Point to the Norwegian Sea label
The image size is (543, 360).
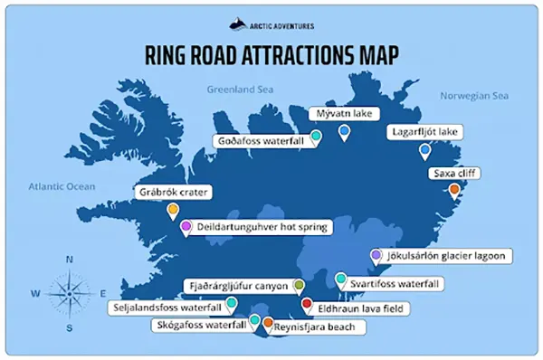point(474,95)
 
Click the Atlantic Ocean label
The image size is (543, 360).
point(62,186)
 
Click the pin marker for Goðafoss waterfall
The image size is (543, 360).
point(316,137)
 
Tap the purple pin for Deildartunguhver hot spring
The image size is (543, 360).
point(186,227)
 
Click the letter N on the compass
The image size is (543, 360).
point(70,260)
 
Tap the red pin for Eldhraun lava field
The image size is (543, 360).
point(307,305)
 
